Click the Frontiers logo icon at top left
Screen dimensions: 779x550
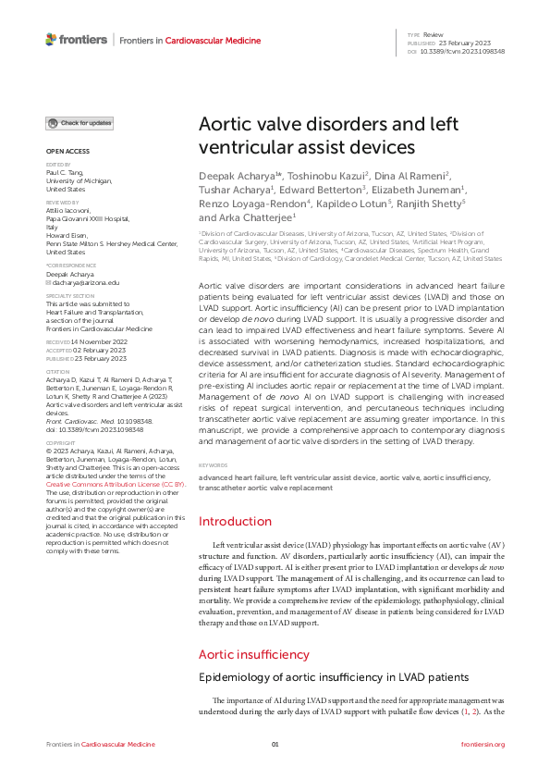pyautogui.click(x=51, y=40)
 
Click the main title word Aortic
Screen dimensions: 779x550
pyautogui.click(x=226, y=128)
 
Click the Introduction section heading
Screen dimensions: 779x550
pyautogui.click(x=236, y=522)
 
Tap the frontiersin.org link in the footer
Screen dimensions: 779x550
pyautogui.click(x=482, y=744)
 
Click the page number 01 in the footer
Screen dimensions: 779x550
pyautogui.click(x=275, y=744)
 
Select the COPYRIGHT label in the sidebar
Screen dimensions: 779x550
pyautogui.click(x=61, y=443)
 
